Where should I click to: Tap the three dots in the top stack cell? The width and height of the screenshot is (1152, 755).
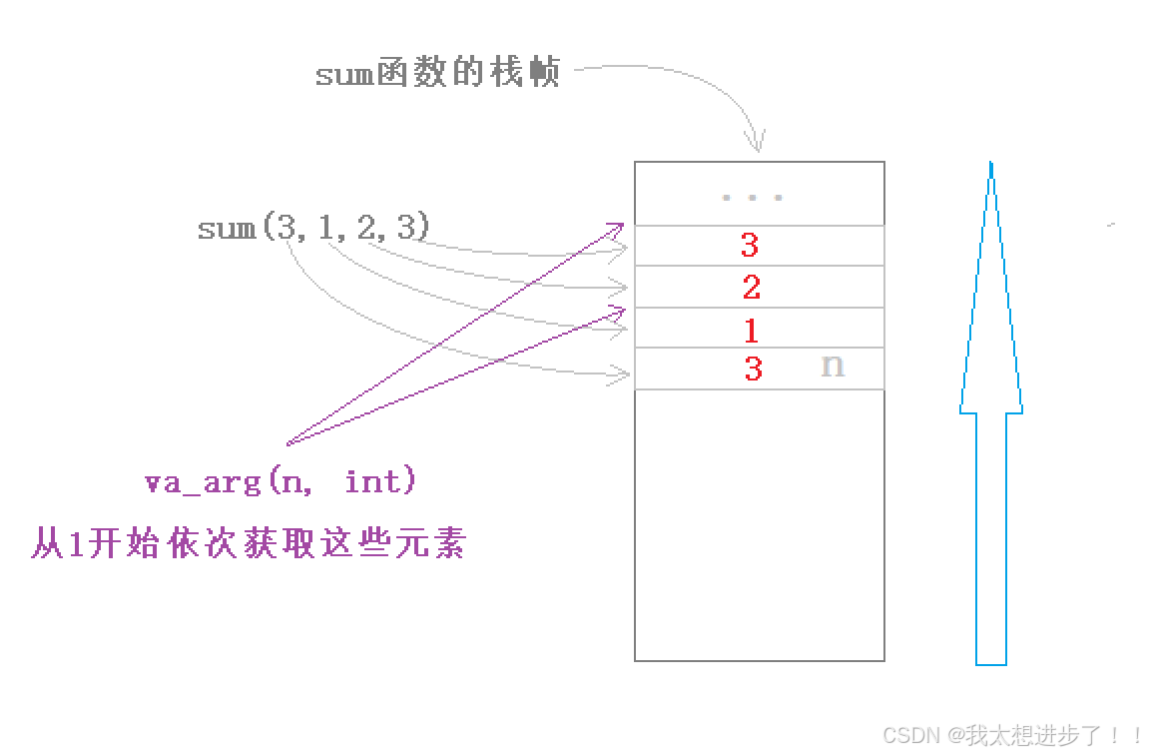click(752, 197)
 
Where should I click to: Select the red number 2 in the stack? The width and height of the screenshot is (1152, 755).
click(752, 288)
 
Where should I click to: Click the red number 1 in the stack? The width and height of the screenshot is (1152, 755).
click(751, 330)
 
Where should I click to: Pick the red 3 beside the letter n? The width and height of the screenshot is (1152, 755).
click(753, 369)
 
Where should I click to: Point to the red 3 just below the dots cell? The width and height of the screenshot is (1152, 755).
click(750, 245)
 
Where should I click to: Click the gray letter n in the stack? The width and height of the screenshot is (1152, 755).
click(832, 366)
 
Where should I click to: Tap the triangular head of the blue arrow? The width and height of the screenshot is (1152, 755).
click(990, 300)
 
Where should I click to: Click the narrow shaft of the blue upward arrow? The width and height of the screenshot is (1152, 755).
click(990, 539)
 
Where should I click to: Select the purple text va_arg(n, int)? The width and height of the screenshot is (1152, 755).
click(281, 482)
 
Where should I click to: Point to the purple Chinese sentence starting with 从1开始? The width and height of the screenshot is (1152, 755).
click(250, 545)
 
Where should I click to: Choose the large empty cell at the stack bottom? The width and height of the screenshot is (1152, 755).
click(759, 524)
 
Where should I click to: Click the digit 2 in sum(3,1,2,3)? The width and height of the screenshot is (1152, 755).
click(366, 229)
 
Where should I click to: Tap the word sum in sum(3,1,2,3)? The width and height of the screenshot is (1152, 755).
click(226, 229)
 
